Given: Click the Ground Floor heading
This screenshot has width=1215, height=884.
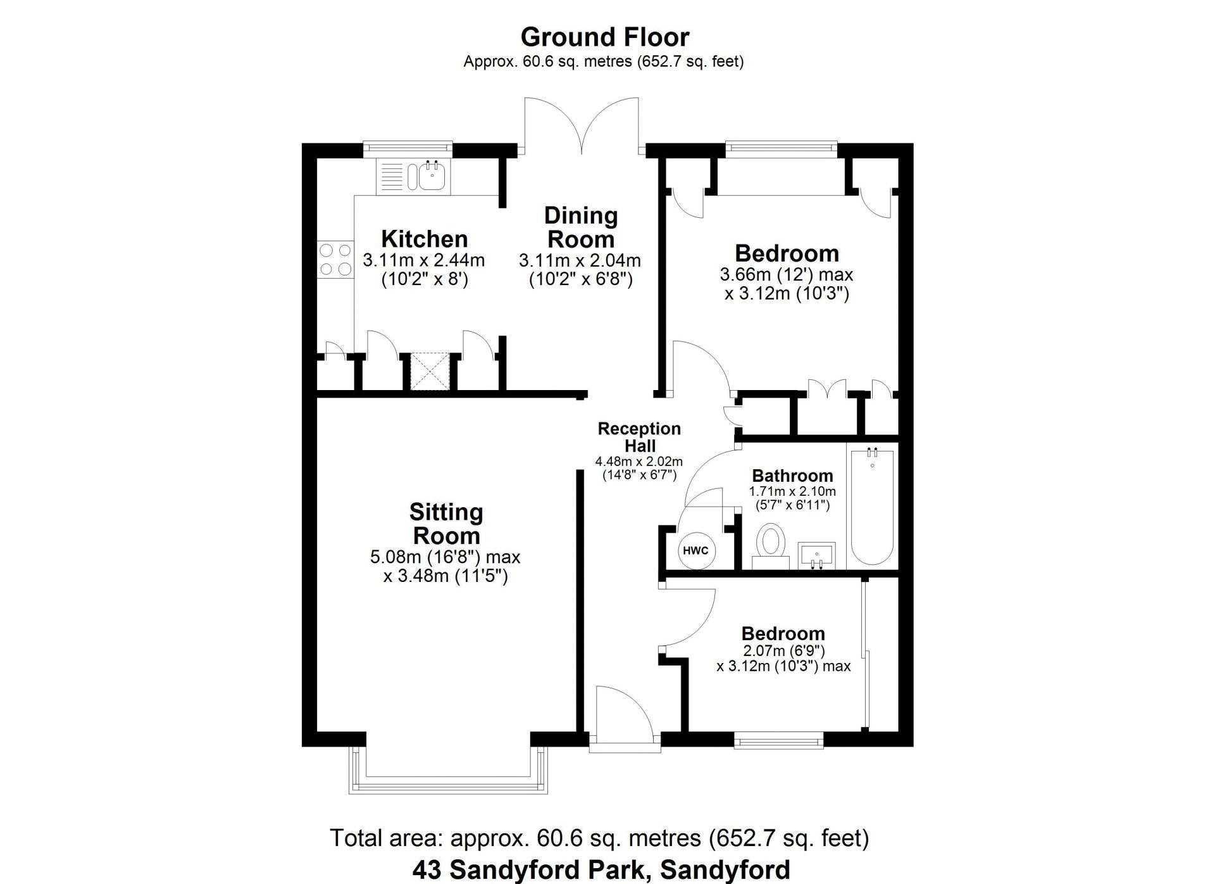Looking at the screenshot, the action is tap(604, 37).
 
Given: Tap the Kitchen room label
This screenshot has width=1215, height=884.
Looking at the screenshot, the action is tap(425, 239).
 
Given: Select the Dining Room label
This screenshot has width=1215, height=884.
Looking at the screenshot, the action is tap(581, 227).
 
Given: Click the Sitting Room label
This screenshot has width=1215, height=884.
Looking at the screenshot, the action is tap(446, 524).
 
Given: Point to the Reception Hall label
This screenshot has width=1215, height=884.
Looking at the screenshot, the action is tap(639, 437).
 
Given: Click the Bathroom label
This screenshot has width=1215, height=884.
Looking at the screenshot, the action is tap(792, 476).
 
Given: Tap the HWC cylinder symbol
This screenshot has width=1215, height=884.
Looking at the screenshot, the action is tap(696, 550).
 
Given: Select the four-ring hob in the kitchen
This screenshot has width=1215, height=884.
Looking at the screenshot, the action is tap(335, 260).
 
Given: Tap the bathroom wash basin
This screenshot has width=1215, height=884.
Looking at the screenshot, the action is tap(816, 555).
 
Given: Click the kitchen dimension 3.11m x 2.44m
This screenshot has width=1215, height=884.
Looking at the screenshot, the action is tap(424, 260).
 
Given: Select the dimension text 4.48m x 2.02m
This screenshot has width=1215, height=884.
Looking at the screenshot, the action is tap(639, 462).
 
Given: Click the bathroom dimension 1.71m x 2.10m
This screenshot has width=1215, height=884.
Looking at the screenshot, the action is tap(792, 491).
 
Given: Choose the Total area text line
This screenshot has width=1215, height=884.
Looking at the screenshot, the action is tap(599, 838).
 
